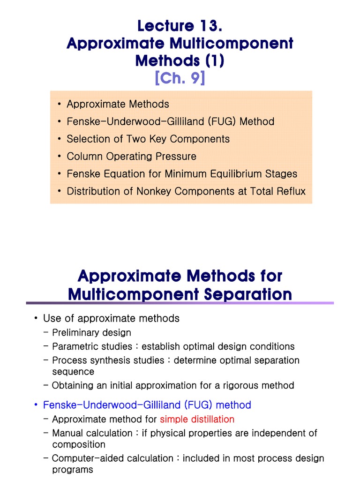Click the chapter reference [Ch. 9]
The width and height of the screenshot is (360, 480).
(180, 77)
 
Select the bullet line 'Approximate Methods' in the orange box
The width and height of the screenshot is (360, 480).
(118, 104)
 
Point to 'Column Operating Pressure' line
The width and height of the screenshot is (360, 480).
(131, 156)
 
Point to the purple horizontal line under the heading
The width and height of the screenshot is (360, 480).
(180, 303)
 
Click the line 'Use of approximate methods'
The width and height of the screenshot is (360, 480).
(111, 318)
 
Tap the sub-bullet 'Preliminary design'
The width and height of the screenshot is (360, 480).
(91, 332)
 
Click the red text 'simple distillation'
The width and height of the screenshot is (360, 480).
(197, 419)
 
